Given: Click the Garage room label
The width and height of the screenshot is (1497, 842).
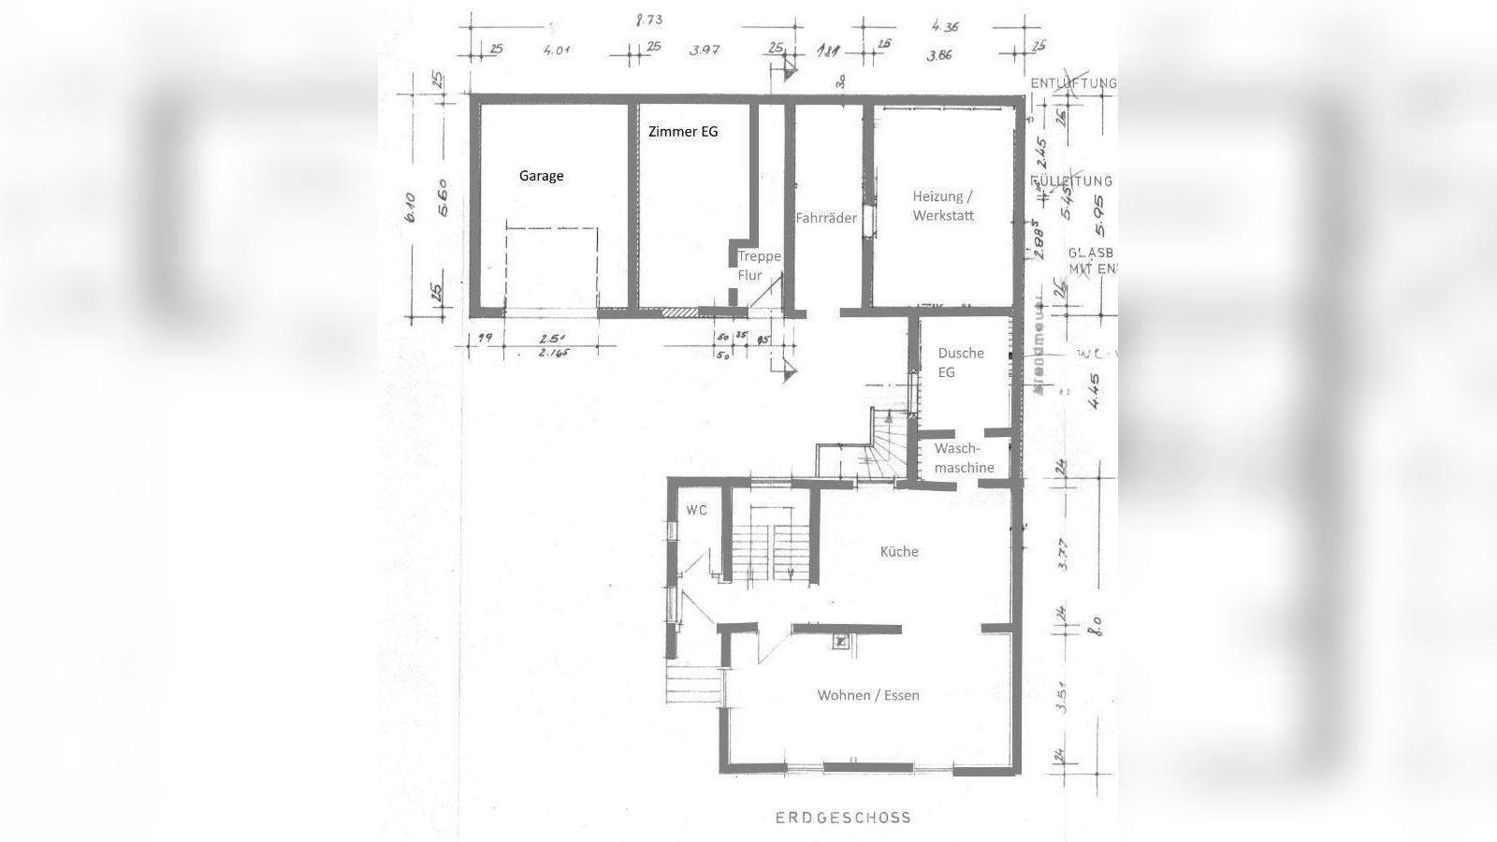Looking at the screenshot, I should coord(542,176).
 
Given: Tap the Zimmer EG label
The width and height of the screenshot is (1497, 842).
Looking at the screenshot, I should coord(683,132).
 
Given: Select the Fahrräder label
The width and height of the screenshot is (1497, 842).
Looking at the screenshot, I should coord(826,218).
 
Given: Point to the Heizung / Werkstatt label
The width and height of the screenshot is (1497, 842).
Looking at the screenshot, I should coord(943,206).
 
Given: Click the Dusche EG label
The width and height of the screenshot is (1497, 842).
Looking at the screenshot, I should coord(961,362).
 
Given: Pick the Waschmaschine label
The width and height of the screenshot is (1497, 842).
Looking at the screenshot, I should coord(964,458).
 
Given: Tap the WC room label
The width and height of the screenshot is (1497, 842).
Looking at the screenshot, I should coord(697,510).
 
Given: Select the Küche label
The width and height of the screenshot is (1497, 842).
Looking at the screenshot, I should coord(899,552).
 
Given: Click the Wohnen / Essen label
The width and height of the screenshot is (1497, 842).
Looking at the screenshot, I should coord(868,695).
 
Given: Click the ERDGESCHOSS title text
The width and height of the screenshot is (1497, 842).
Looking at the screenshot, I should coord(843,817).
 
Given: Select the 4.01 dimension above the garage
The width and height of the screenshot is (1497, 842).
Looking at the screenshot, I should coord(557,50).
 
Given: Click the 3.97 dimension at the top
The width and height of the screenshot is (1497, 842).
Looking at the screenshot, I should coord(704,50).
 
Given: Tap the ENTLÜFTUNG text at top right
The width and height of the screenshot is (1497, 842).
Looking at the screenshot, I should coord(1073,83).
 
